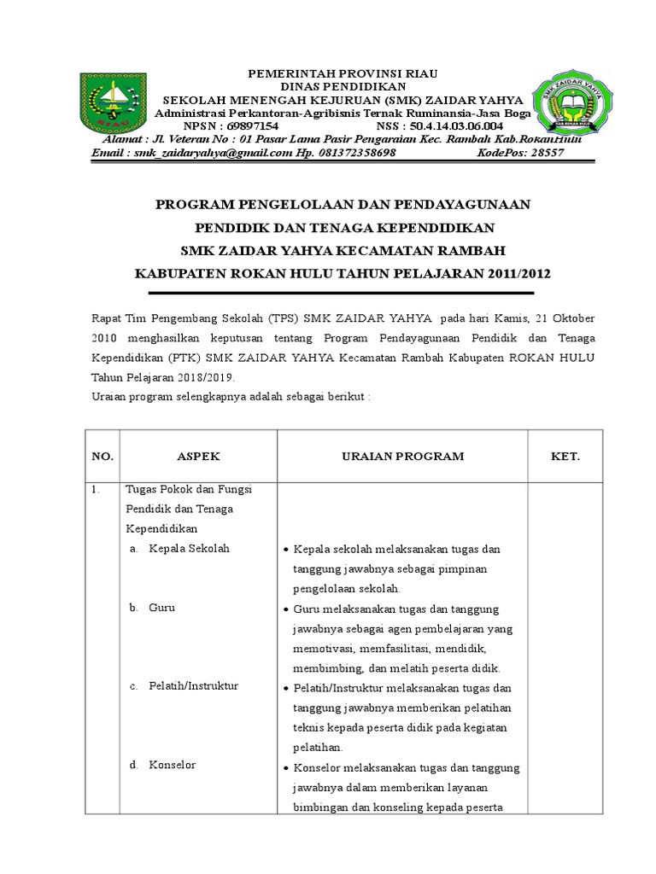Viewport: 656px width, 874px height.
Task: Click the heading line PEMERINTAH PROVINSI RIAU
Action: (x=342, y=74)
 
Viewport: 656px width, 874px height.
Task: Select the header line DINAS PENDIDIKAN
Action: (x=342, y=86)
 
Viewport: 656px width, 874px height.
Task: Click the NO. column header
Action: (x=102, y=457)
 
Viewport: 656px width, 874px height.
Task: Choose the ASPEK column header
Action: (x=198, y=457)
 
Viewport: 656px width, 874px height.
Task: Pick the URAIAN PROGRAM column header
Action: (x=402, y=457)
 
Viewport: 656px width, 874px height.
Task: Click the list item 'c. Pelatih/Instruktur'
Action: (x=184, y=686)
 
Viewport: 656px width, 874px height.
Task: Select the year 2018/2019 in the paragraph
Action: (x=204, y=376)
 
